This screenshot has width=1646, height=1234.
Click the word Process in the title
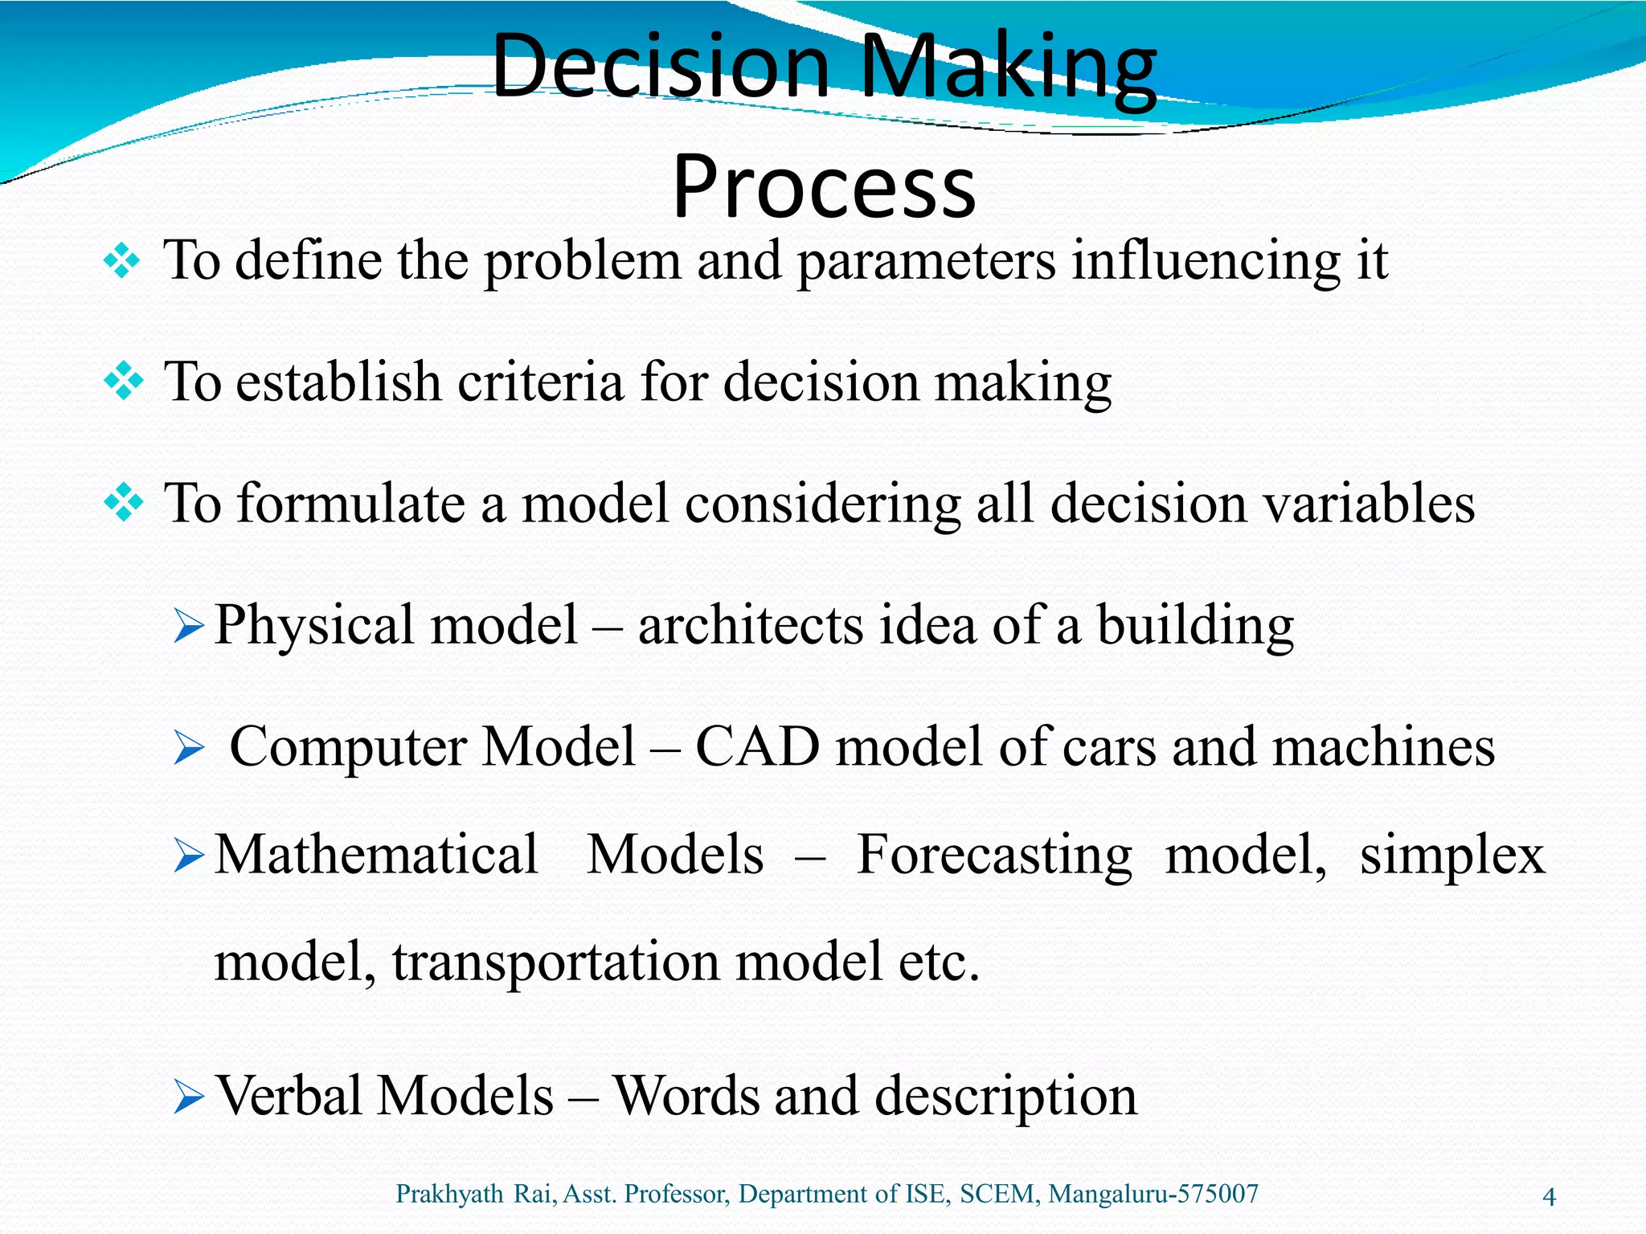click(x=824, y=186)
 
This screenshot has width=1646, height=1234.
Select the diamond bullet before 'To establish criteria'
click(x=123, y=382)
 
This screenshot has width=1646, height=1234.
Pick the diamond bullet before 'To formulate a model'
click(x=123, y=504)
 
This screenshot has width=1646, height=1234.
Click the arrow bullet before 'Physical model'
click(x=190, y=627)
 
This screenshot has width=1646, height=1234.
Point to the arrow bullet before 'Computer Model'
click(x=190, y=749)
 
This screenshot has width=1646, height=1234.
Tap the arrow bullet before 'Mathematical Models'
click(x=190, y=856)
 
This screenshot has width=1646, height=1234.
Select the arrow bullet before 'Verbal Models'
click(x=190, y=1097)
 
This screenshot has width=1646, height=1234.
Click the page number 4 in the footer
click(x=1549, y=1197)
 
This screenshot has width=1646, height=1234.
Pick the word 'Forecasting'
click(x=994, y=855)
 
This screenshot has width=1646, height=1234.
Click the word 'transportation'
click(x=555, y=962)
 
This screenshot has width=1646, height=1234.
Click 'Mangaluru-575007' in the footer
click(x=1153, y=1194)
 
